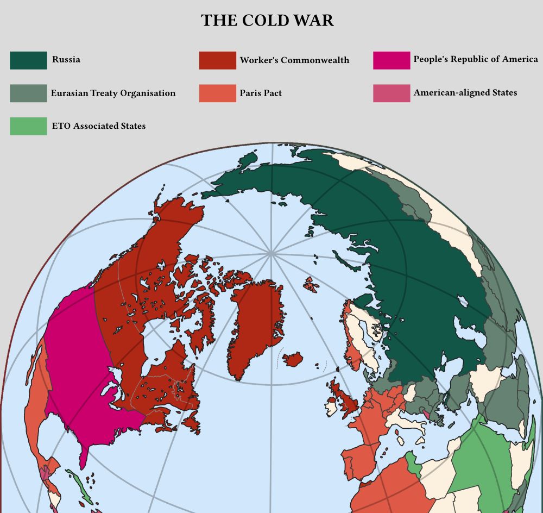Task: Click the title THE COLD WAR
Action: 267,21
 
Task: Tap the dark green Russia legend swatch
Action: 28,60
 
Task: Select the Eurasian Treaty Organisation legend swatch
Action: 28,93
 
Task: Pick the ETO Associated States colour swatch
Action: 28,126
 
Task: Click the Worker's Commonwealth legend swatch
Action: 217,60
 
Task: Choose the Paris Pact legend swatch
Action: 217,93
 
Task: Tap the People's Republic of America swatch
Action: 392,60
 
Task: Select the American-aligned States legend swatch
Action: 392,93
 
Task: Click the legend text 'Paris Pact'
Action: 261,93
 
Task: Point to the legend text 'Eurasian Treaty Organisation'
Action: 113,93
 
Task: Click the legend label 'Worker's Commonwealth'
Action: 294,60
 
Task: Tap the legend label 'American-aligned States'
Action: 465,93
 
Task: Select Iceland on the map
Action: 292,359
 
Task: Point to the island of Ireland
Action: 331,405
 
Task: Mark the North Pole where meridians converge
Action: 270,253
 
